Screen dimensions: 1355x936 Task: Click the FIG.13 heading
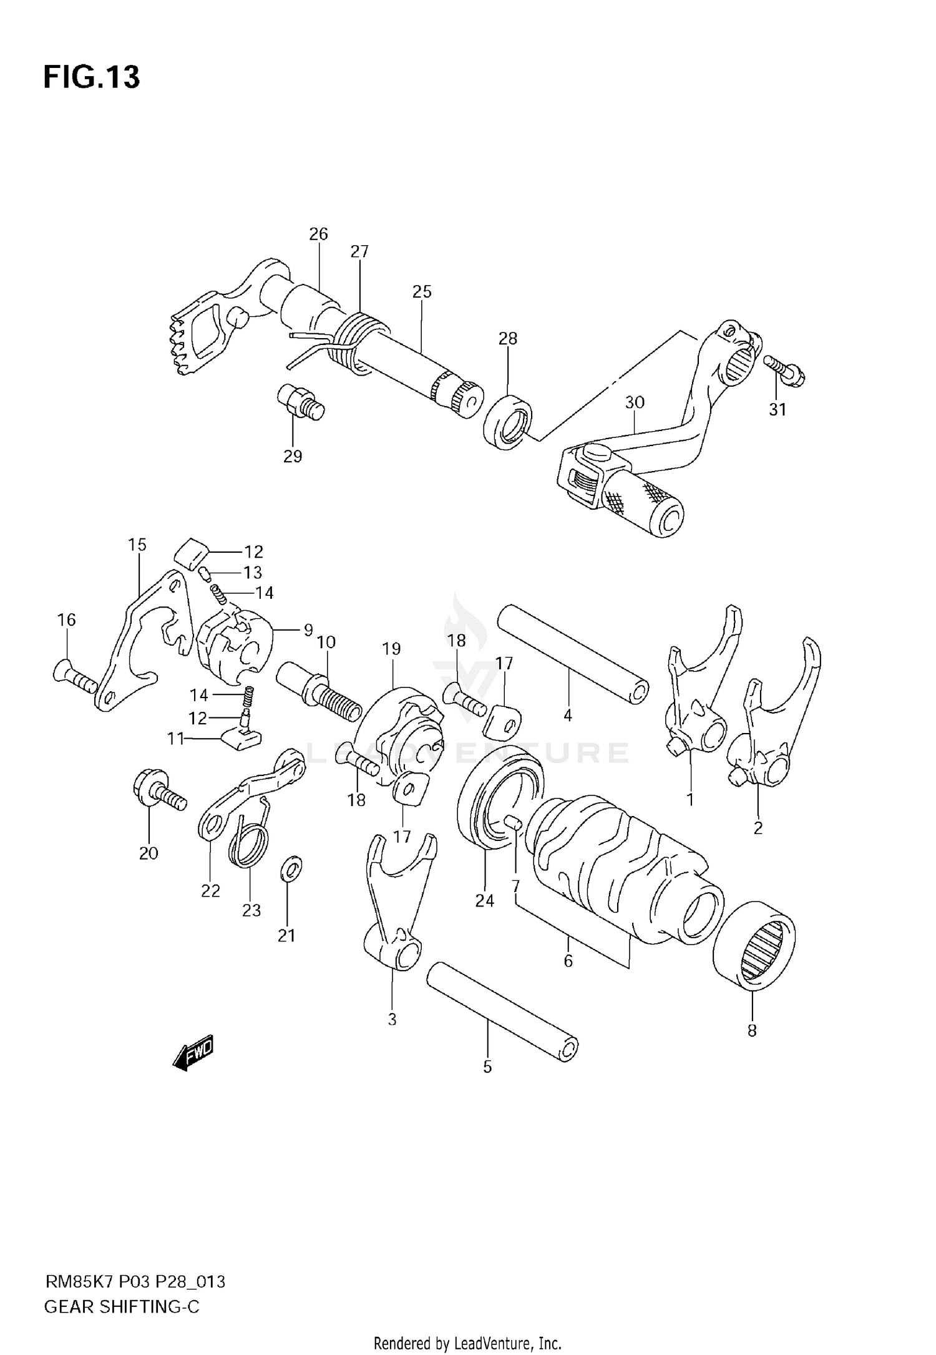[x=92, y=77]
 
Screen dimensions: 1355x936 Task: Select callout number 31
[x=777, y=410]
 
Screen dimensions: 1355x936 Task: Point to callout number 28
[x=508, y=339]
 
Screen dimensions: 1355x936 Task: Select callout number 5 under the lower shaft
[x=487, y=1067]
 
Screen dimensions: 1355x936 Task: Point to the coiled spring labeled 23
[x=251, y=843]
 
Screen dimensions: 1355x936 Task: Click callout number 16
[x=67, y=619]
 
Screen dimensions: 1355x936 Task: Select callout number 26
[x=318, y=235]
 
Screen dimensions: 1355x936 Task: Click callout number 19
[x=391, y=649]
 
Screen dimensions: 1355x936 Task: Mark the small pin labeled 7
[x=513, y=823]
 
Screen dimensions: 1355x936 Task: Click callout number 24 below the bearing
[x=485, y=900]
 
